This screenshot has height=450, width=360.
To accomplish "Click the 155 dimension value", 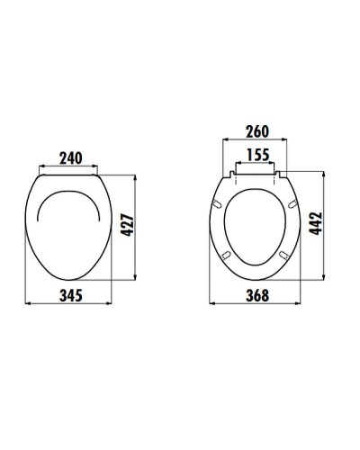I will point(258,155).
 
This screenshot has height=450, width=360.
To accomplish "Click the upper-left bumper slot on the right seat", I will point(220,205).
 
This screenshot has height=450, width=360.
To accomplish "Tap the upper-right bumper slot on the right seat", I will point(293,205).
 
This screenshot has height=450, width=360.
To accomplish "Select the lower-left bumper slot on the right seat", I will point(227,256).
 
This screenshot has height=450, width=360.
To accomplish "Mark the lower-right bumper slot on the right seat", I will point(287,256).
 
